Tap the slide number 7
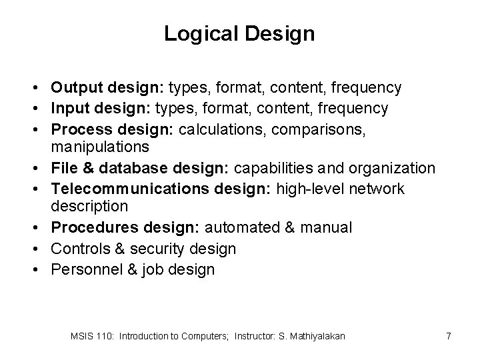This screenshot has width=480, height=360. click(x=449, y=336)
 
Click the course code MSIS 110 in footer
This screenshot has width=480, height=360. click(x=93, y=336)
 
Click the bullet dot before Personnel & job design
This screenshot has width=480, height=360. click(x=41, y=269)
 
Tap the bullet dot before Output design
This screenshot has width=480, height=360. click(x=41, y=87)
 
